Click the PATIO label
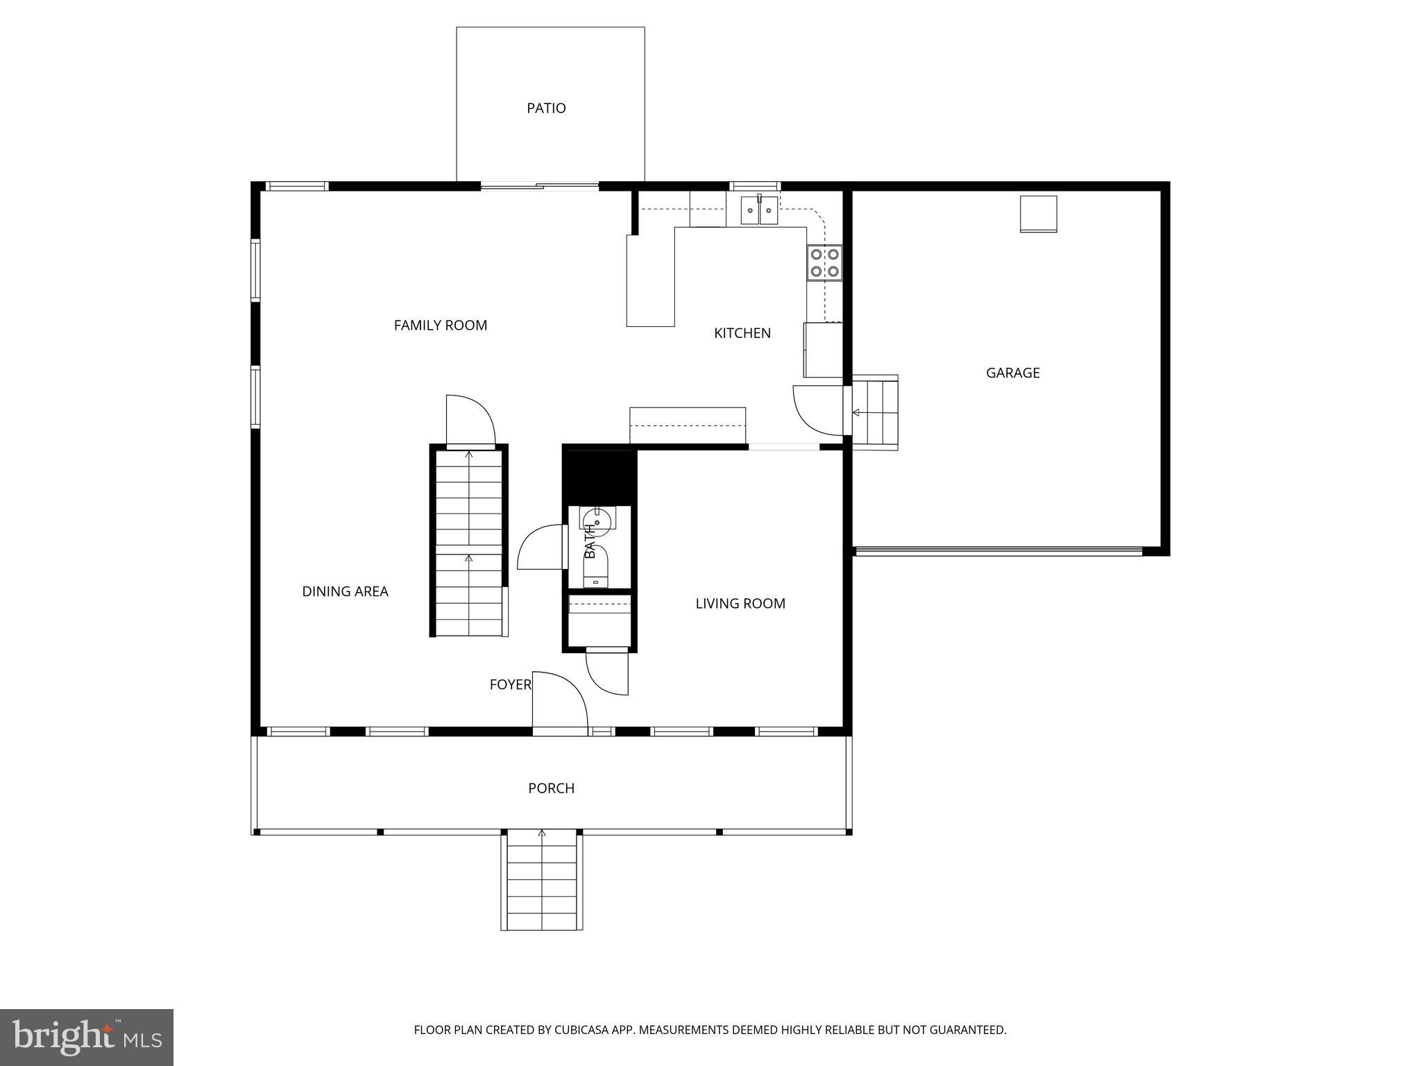click(546, 108)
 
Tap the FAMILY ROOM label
click(441, 325)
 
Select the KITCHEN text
click(742, 333)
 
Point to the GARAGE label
click(1012, 373)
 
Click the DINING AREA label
click(345, 591)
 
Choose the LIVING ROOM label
click(740, 604)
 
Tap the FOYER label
click(510, 685)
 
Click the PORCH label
click(551, 788)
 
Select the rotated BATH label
click(590, 542)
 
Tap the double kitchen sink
click(759, 211)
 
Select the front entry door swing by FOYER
click(559, 701)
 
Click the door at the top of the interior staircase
click(469, 421)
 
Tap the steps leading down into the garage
click(876, 412)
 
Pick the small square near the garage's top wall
click(1038, 214)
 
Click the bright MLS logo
click(86, 1038)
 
